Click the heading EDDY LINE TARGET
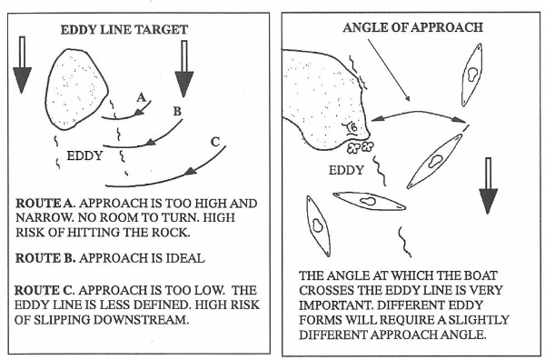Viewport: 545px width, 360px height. (124, 30)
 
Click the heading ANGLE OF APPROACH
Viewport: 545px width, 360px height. (413, 27)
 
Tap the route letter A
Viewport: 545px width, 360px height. (141, 97)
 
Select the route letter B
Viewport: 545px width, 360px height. (177, 111)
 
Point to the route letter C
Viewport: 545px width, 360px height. (215, 142)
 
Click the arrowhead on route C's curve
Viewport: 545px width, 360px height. (191, 171)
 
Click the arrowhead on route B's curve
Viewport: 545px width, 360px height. (151, 142)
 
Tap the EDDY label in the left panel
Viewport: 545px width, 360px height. (84, 155)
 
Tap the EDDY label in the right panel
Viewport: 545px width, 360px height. (346, 170)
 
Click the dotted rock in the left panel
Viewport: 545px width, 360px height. (75, 89)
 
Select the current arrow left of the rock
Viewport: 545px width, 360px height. (22, 65)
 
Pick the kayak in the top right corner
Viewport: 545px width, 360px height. (472, 75)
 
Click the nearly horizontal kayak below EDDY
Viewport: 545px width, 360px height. (369, 201)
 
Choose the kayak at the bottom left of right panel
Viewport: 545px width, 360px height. (318, 226)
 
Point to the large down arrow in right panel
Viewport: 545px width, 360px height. (489, 185)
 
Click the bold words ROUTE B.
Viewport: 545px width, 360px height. (45, 258)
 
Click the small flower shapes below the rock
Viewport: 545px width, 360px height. (360, 147)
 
